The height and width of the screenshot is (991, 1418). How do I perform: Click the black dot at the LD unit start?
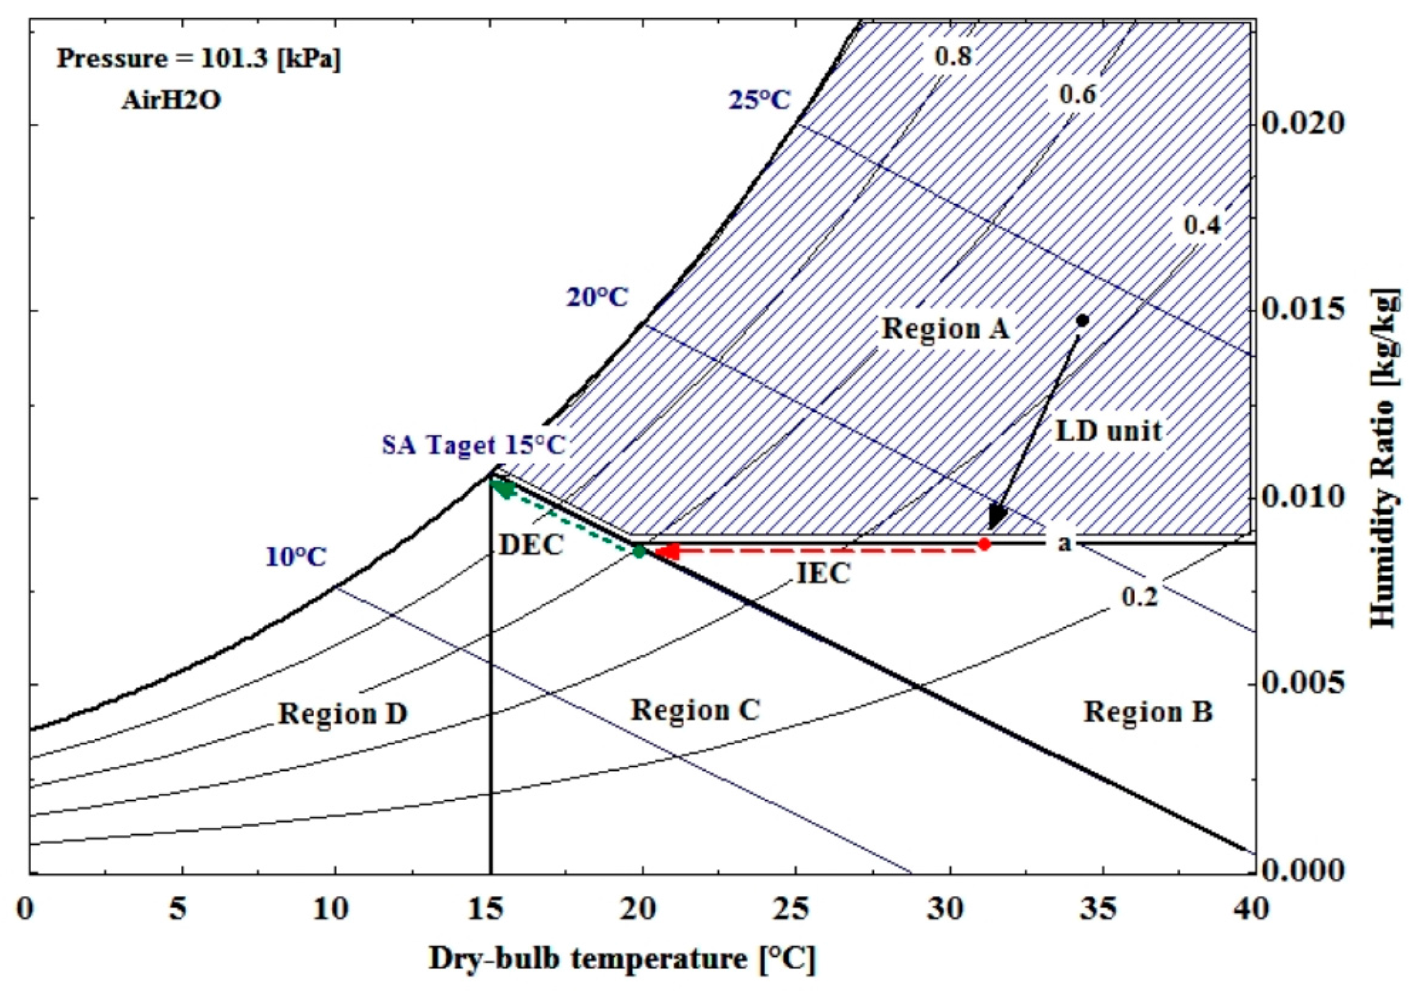1082,320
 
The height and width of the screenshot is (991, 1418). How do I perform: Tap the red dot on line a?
985,544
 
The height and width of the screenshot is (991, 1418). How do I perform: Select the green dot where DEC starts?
639,551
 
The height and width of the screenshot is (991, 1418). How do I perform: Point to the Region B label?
1148,712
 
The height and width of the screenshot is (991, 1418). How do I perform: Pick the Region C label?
695,710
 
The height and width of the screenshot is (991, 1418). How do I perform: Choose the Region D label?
343,714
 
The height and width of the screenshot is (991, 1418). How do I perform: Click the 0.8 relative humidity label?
953,57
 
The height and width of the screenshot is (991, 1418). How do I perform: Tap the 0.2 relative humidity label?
1139,597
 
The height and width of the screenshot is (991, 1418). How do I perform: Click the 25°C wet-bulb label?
759,100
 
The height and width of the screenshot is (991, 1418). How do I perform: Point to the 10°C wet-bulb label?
296,557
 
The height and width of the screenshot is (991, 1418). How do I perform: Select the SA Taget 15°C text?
473,445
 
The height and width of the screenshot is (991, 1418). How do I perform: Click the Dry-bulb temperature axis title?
621,959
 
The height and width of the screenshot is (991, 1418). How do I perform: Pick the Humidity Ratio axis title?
1384,458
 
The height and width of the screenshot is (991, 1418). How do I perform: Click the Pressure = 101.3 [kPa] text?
199,59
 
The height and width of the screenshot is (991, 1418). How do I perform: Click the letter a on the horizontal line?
1065,544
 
